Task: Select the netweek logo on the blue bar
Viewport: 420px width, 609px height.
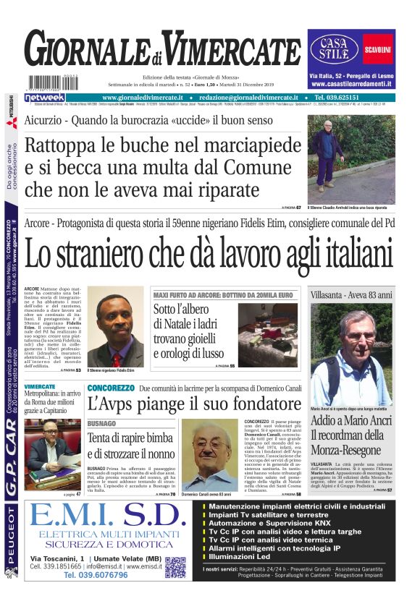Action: click(x=45, y=98)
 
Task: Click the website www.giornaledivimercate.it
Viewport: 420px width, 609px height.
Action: click(x=148, y=98)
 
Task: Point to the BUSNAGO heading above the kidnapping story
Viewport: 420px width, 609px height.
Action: click(x=101, y=422)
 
